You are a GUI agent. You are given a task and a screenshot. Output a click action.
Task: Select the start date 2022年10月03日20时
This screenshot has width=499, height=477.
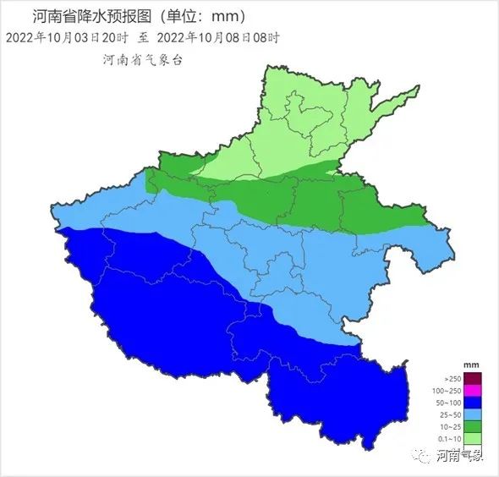[66, 37]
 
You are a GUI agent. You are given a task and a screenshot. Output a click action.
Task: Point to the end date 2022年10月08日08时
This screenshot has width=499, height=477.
[218, 37]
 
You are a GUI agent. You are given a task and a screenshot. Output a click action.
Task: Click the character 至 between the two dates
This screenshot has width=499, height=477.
[143, 37]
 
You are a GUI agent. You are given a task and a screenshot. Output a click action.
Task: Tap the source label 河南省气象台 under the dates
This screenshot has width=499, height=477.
[142, 60]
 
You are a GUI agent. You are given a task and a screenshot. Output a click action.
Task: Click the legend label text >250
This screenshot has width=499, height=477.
[452, 379]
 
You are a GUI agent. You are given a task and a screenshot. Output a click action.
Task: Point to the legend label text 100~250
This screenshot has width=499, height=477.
[446, 391]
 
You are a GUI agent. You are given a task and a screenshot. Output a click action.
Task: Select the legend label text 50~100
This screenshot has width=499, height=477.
[448, 403]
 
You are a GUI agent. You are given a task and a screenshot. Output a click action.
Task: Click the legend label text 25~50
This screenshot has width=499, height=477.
[449, 414]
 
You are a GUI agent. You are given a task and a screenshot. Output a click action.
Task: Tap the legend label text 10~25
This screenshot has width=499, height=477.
[449, 426]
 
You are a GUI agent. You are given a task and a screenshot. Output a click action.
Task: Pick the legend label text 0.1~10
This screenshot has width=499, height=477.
[448, 438]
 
